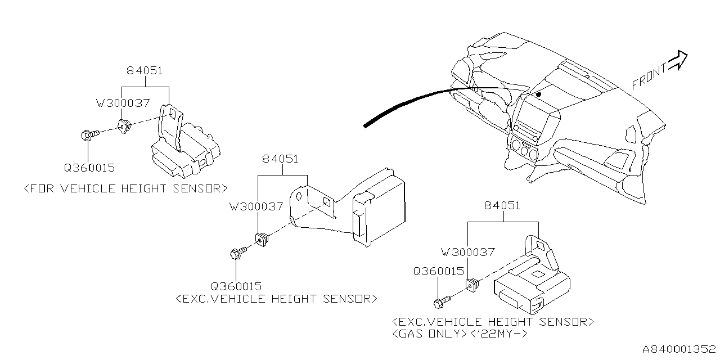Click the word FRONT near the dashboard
(x=649, y=76)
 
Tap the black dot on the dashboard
(x=538, y=94)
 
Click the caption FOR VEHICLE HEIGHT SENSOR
(x=126, y=188)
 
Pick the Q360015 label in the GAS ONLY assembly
(x=438, y=271)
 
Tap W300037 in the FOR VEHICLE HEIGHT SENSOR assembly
(x=123, y=103)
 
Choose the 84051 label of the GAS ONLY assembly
(x=502, y=206)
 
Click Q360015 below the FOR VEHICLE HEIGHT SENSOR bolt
(x=89, y=167)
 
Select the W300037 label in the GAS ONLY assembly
(x=467, y=253)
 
